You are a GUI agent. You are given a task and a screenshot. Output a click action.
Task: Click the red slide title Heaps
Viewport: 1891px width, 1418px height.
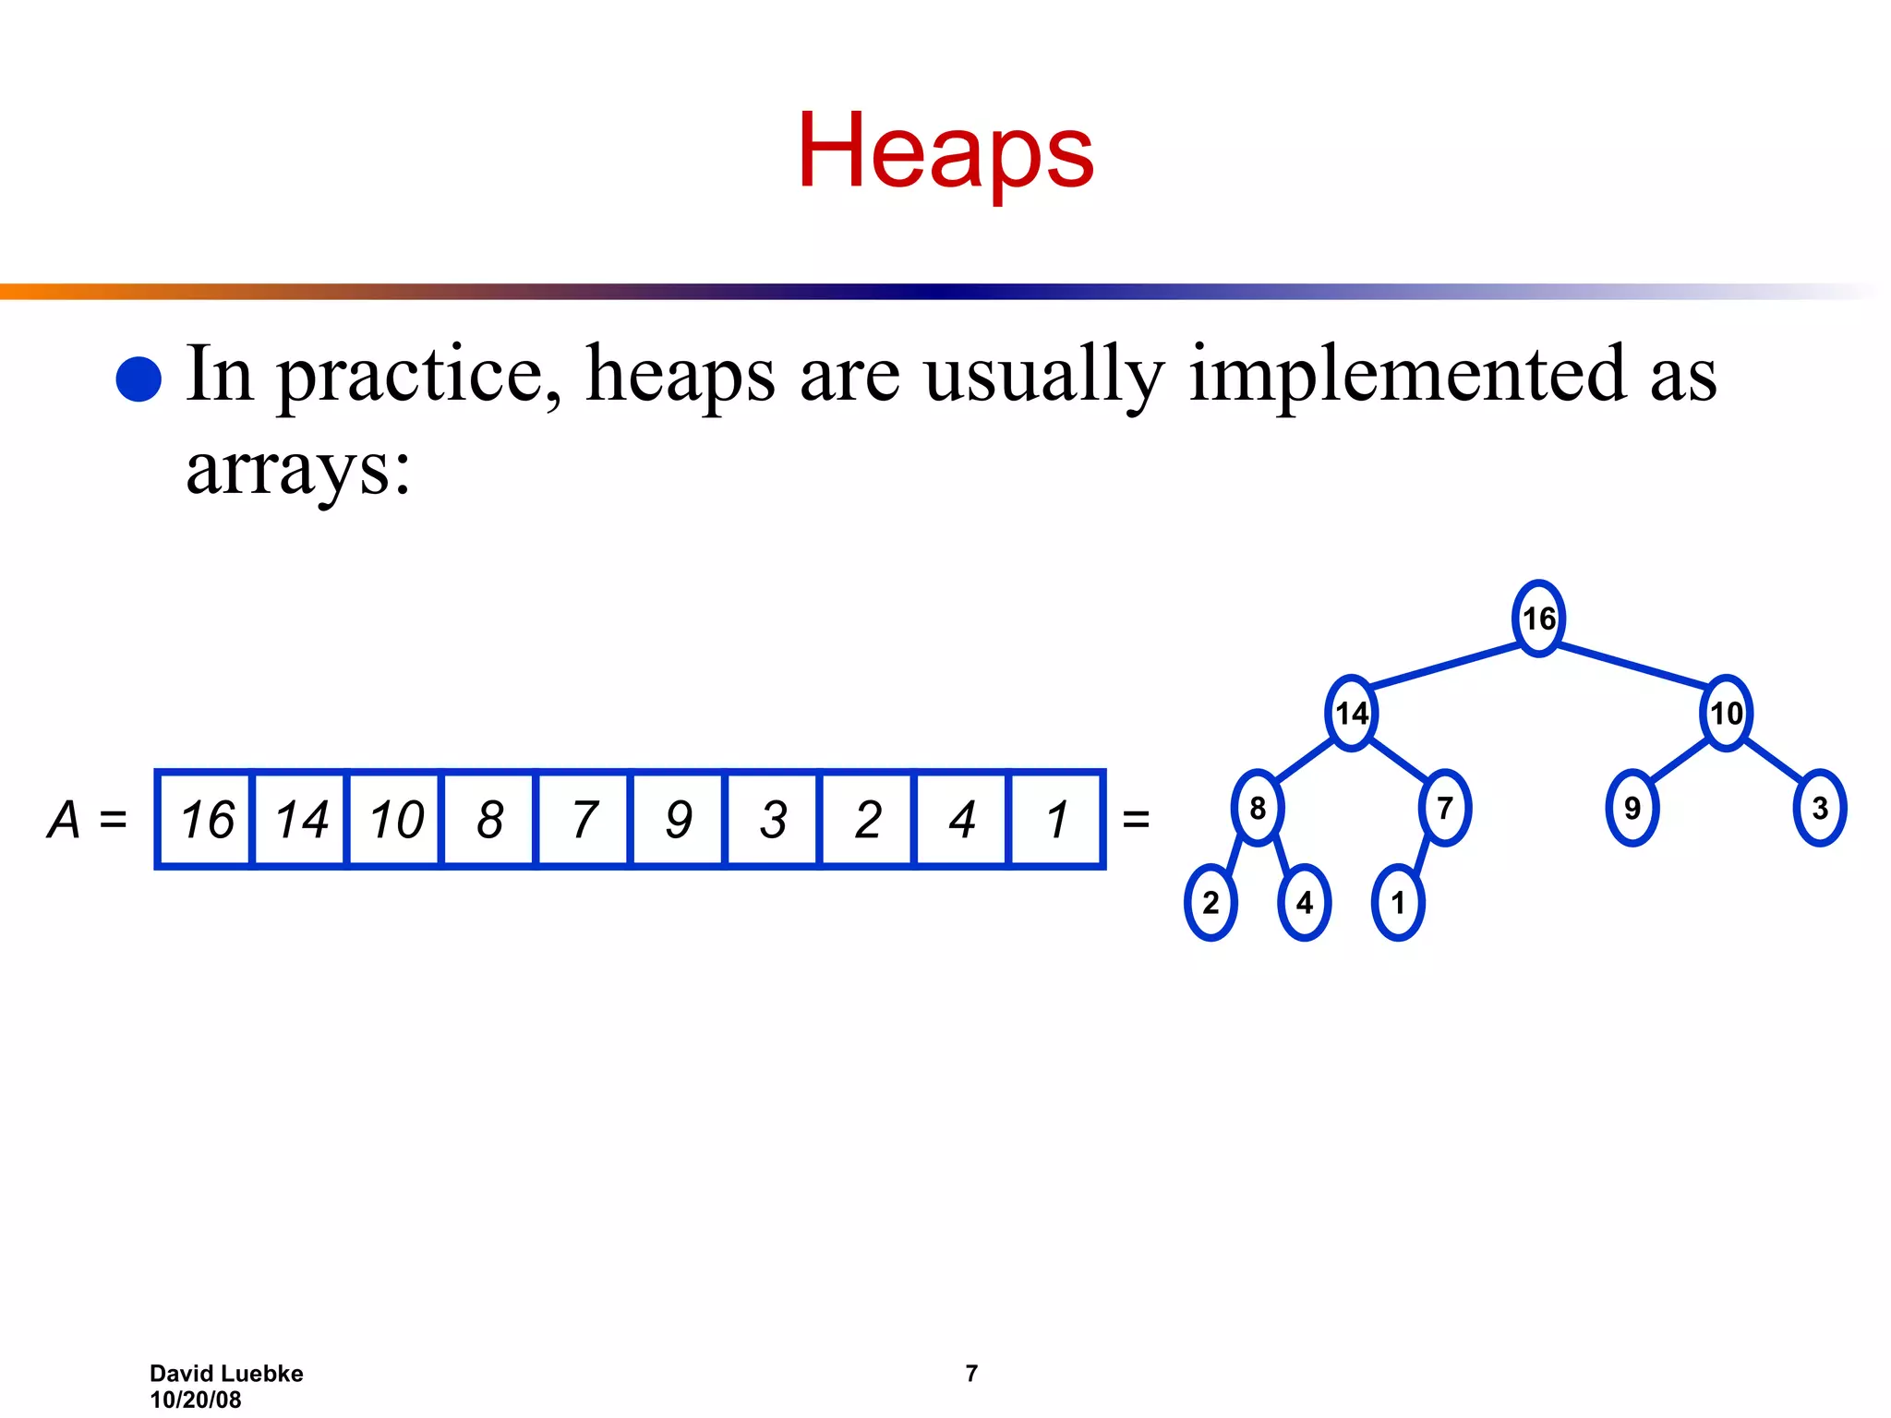[x=945, y=151]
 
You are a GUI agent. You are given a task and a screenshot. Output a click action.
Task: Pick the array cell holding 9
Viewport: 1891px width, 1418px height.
[x=679, y=819]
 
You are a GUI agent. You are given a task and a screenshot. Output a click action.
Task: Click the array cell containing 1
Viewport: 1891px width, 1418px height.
[x=1056, y=819]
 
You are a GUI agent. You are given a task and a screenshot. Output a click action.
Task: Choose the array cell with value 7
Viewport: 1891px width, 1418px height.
[x=584, y=819]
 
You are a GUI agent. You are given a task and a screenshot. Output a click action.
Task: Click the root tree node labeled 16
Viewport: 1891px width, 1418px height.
[x=1538, y=619]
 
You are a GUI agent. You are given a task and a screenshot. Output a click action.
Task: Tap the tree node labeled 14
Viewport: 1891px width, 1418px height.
[x=1352, y=713]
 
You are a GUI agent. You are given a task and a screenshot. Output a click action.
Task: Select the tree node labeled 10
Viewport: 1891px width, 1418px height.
[x=1726, y=713]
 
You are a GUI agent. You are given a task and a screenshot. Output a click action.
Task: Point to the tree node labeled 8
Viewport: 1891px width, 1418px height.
[x=1258, y=808]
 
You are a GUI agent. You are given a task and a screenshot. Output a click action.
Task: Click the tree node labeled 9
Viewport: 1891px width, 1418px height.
[x=1632, y=808]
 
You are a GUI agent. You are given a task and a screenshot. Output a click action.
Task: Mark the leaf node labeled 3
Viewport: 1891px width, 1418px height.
[x=1819, y=808]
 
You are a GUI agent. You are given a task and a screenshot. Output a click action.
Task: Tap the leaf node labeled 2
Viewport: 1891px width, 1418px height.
[x=1210, y=902]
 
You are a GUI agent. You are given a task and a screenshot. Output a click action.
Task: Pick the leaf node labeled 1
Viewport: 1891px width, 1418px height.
[x=1398, y=902]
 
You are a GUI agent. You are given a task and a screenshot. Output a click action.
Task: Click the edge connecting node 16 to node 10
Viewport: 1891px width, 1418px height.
[x=1632, y=666]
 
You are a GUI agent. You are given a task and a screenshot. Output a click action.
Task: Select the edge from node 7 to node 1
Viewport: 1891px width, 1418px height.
[x=1423, y=854]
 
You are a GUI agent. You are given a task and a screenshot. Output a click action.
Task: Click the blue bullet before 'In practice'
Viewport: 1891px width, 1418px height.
[x=139, y=379]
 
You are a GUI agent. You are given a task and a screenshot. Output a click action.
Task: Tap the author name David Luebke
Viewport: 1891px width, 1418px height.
[x=226, y=1374]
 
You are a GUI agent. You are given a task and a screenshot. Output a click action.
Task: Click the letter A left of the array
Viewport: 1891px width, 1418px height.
[x=65, y=819]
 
